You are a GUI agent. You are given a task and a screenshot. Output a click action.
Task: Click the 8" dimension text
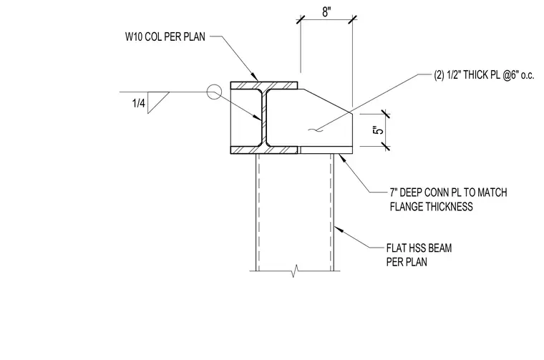[x=326, y=11]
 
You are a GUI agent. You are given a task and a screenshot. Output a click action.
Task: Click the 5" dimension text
[x=379, y=130]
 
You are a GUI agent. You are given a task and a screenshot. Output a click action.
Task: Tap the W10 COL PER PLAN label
[x=165, y=37]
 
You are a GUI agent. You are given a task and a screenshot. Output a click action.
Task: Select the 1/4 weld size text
[x=139, y=103]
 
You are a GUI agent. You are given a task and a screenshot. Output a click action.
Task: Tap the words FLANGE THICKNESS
[x=431, y=207]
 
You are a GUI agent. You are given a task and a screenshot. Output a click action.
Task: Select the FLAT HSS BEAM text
[x=419, y=248]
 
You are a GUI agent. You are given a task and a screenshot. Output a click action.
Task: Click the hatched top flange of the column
[x=264, y=85]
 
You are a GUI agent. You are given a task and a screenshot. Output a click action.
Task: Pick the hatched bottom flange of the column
[x=264, y=150]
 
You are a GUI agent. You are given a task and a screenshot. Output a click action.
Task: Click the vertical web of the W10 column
[x=264, y=117]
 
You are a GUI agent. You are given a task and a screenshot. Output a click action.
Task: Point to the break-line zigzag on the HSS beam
[x=295, y=271]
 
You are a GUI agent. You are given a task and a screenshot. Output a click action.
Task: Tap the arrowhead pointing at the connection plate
[x=341, y=157]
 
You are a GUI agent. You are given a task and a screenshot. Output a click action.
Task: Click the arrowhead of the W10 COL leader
[x=255, y=77]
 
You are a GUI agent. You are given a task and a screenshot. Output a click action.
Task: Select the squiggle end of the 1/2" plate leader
[x=316, y=130]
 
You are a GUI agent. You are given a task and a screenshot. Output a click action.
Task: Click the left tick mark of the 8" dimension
[x=301, y=19]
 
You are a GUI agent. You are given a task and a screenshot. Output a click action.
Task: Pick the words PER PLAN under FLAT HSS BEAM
[x=407, y=262]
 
